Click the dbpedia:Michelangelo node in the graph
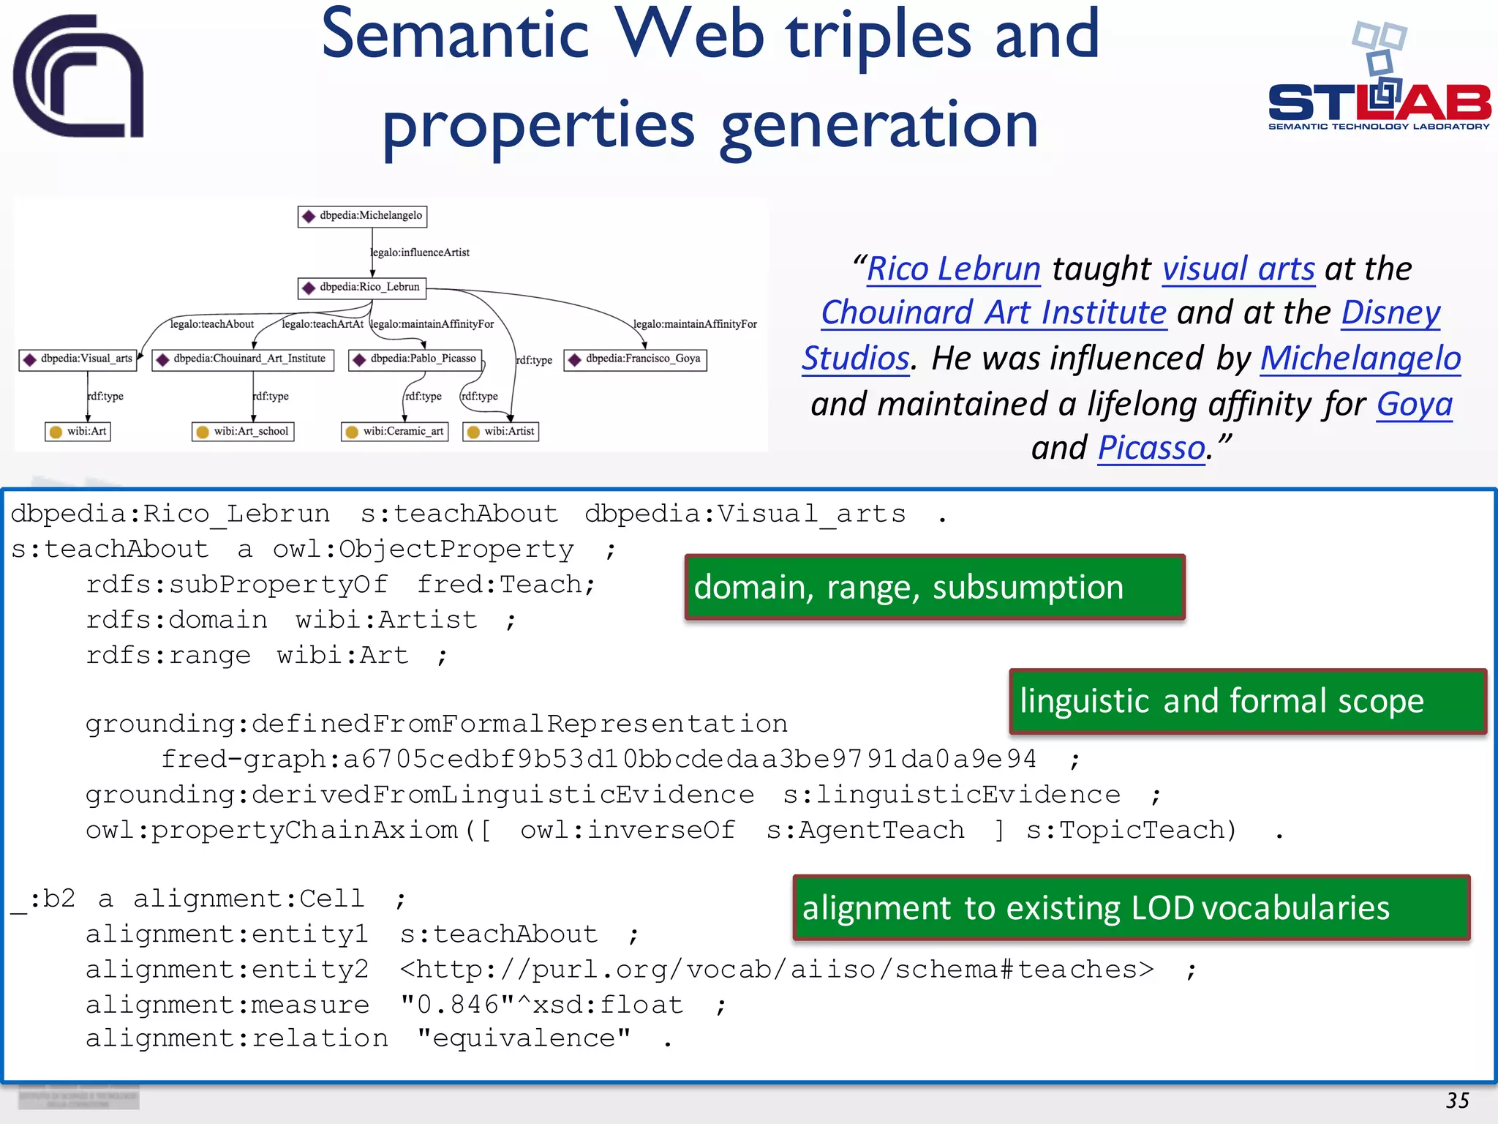click(363, 216)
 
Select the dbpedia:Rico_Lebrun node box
click(363, 288)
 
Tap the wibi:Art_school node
click(244, 432)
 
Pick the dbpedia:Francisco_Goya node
click(635, 359)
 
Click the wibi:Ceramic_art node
click(395, 432)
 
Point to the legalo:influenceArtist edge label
click(421, 252)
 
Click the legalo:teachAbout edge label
click(212, 324)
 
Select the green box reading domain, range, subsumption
click(934, 588)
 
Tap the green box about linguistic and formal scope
click(1247, 701)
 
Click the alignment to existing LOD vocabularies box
click(1131, 907)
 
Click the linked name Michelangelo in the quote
click(1360, 359)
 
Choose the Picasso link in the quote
click(1151, 448)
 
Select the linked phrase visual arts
click(1238, 269)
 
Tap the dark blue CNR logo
click(78, 77)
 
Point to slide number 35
click(1457, 1101)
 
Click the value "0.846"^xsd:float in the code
click(542, 1005)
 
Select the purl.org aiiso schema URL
click(776, 970)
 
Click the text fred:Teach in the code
click(505, 585)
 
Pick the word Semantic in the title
click(455, 35)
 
